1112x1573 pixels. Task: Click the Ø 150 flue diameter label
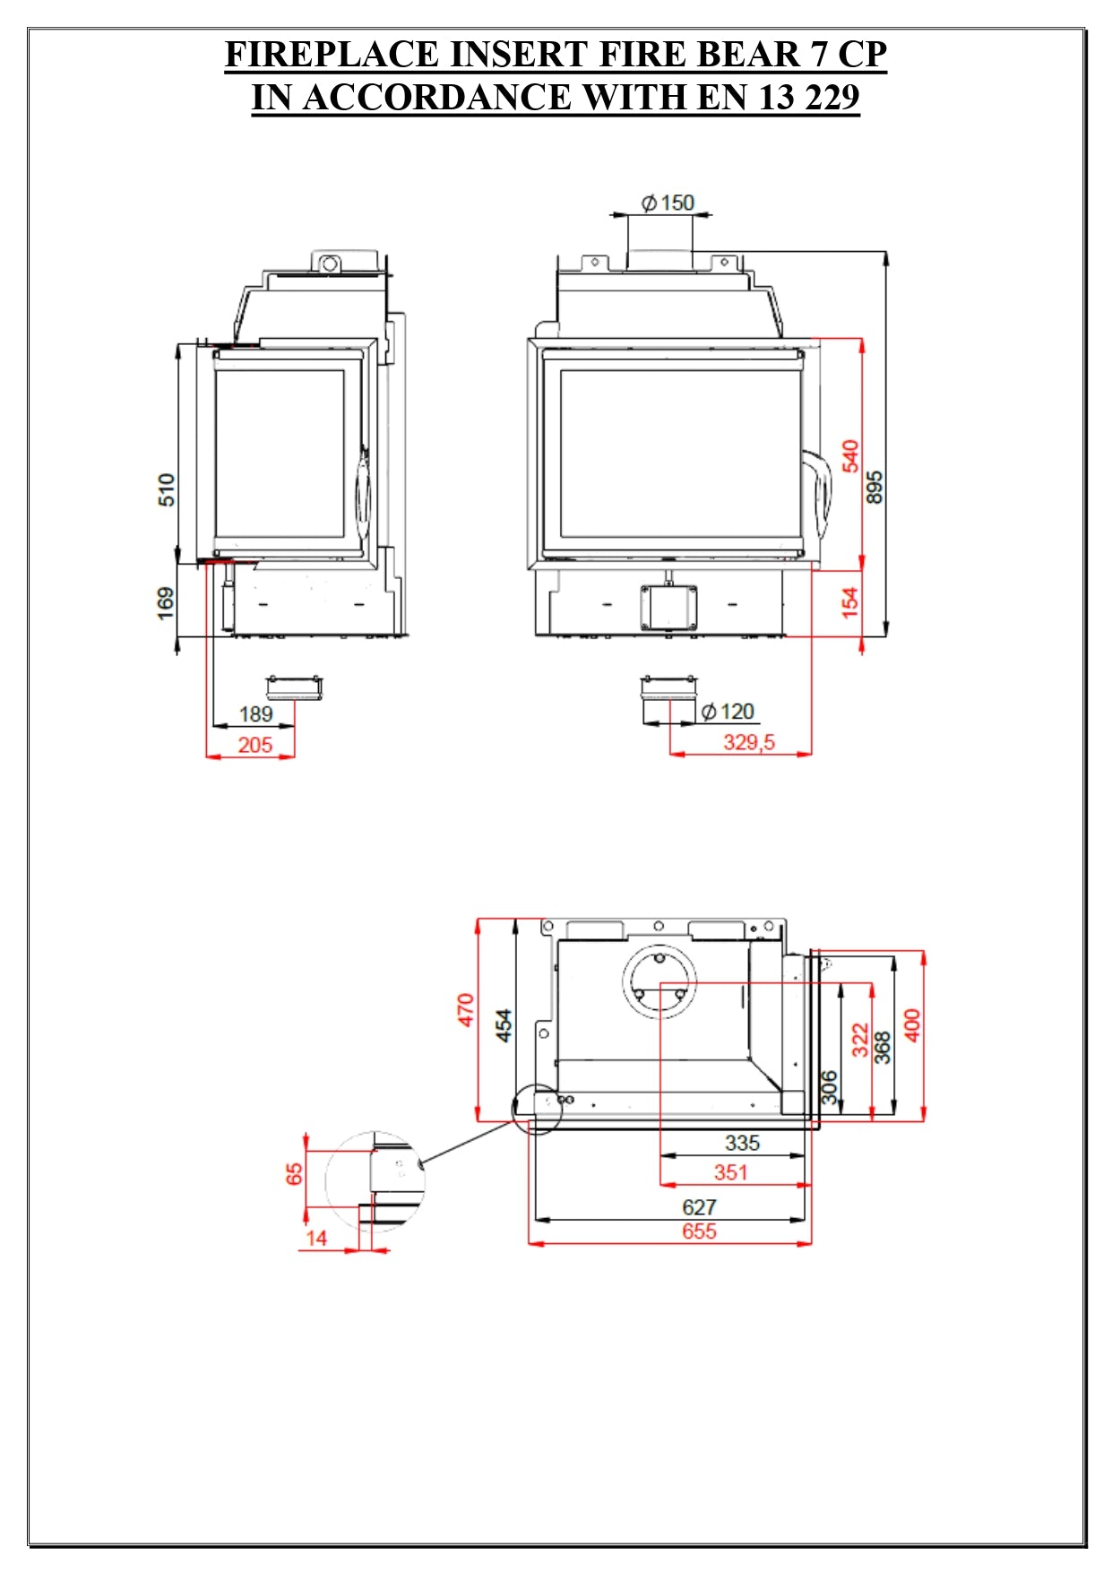[x=668, y=203]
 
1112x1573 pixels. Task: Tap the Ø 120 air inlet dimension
[x=728, y=712]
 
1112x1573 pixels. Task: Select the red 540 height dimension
[x=850, y=455]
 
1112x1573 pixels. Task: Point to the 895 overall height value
[x=875, y=487]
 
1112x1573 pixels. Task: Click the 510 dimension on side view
[x=167, y=490]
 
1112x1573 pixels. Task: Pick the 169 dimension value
[x=166, y=603]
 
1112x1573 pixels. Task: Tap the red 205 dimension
[x=255, y=745]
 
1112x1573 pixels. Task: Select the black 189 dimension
[x=255, y=714]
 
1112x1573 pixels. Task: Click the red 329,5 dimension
[x=749, y=742]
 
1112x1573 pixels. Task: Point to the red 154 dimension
[x=849, y=601]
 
